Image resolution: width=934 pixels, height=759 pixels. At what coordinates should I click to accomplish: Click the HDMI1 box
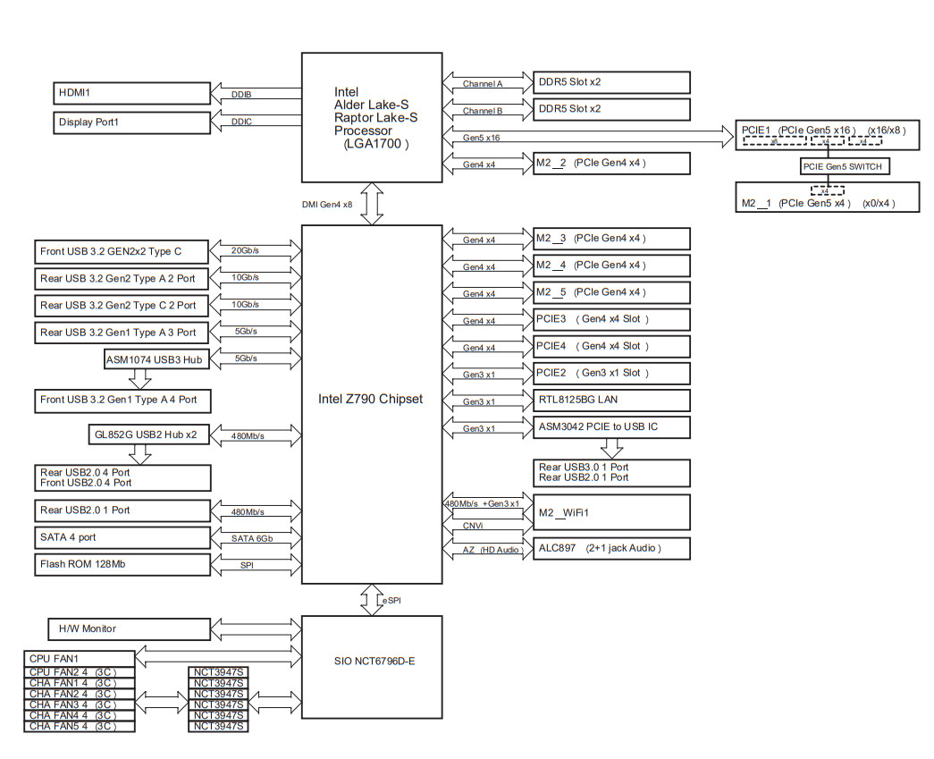click(x=131, y=92)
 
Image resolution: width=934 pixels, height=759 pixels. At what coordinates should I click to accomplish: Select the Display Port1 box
click(x=131, y=122)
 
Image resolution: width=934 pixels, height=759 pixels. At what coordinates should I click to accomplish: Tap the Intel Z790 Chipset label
click(x=371, y=399)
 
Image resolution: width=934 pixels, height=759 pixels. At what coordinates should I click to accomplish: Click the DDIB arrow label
click(x=241, y=93)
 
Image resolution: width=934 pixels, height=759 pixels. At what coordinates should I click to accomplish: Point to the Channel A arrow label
click(x=483, y=84)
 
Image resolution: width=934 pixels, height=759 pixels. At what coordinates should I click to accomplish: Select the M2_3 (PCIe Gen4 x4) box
click(x=611, y=239)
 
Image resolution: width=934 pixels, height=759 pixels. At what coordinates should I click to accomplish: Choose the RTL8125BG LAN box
click(x=611, y=401)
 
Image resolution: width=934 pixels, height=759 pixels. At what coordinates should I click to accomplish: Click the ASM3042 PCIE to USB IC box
click(x=611, y=427)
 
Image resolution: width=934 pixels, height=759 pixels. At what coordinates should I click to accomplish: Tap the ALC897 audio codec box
click(x=611, y=547)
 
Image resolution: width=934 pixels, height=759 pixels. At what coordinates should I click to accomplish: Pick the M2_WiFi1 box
click(x=611, y=512)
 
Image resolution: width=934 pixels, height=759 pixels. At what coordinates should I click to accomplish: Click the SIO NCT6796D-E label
click(x=371, y=661)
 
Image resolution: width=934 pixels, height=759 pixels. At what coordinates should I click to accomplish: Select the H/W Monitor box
click(x=128, y=628)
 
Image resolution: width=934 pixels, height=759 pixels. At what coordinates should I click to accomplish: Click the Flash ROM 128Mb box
click(x=122, y=564)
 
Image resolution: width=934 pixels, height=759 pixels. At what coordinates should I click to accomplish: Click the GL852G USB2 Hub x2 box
click(x=146, y=435)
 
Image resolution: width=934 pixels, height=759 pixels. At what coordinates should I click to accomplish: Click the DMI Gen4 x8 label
click(x=327, y=205)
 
